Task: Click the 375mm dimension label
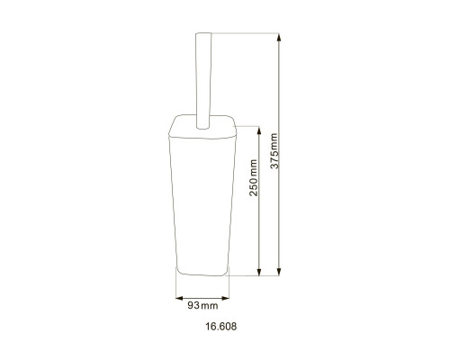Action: coord(274,151)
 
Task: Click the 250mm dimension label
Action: coord(254,178)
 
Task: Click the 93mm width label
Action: coord(202,306)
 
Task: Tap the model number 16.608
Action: coord(221,326)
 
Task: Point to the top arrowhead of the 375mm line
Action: coord(279,39)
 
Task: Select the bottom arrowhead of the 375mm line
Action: coord(279,271)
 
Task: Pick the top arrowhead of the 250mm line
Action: coord(259,131)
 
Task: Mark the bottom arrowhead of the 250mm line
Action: coord(259,271)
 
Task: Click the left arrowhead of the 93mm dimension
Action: coord(180,298)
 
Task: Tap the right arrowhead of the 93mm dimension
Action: coord(225,298)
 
